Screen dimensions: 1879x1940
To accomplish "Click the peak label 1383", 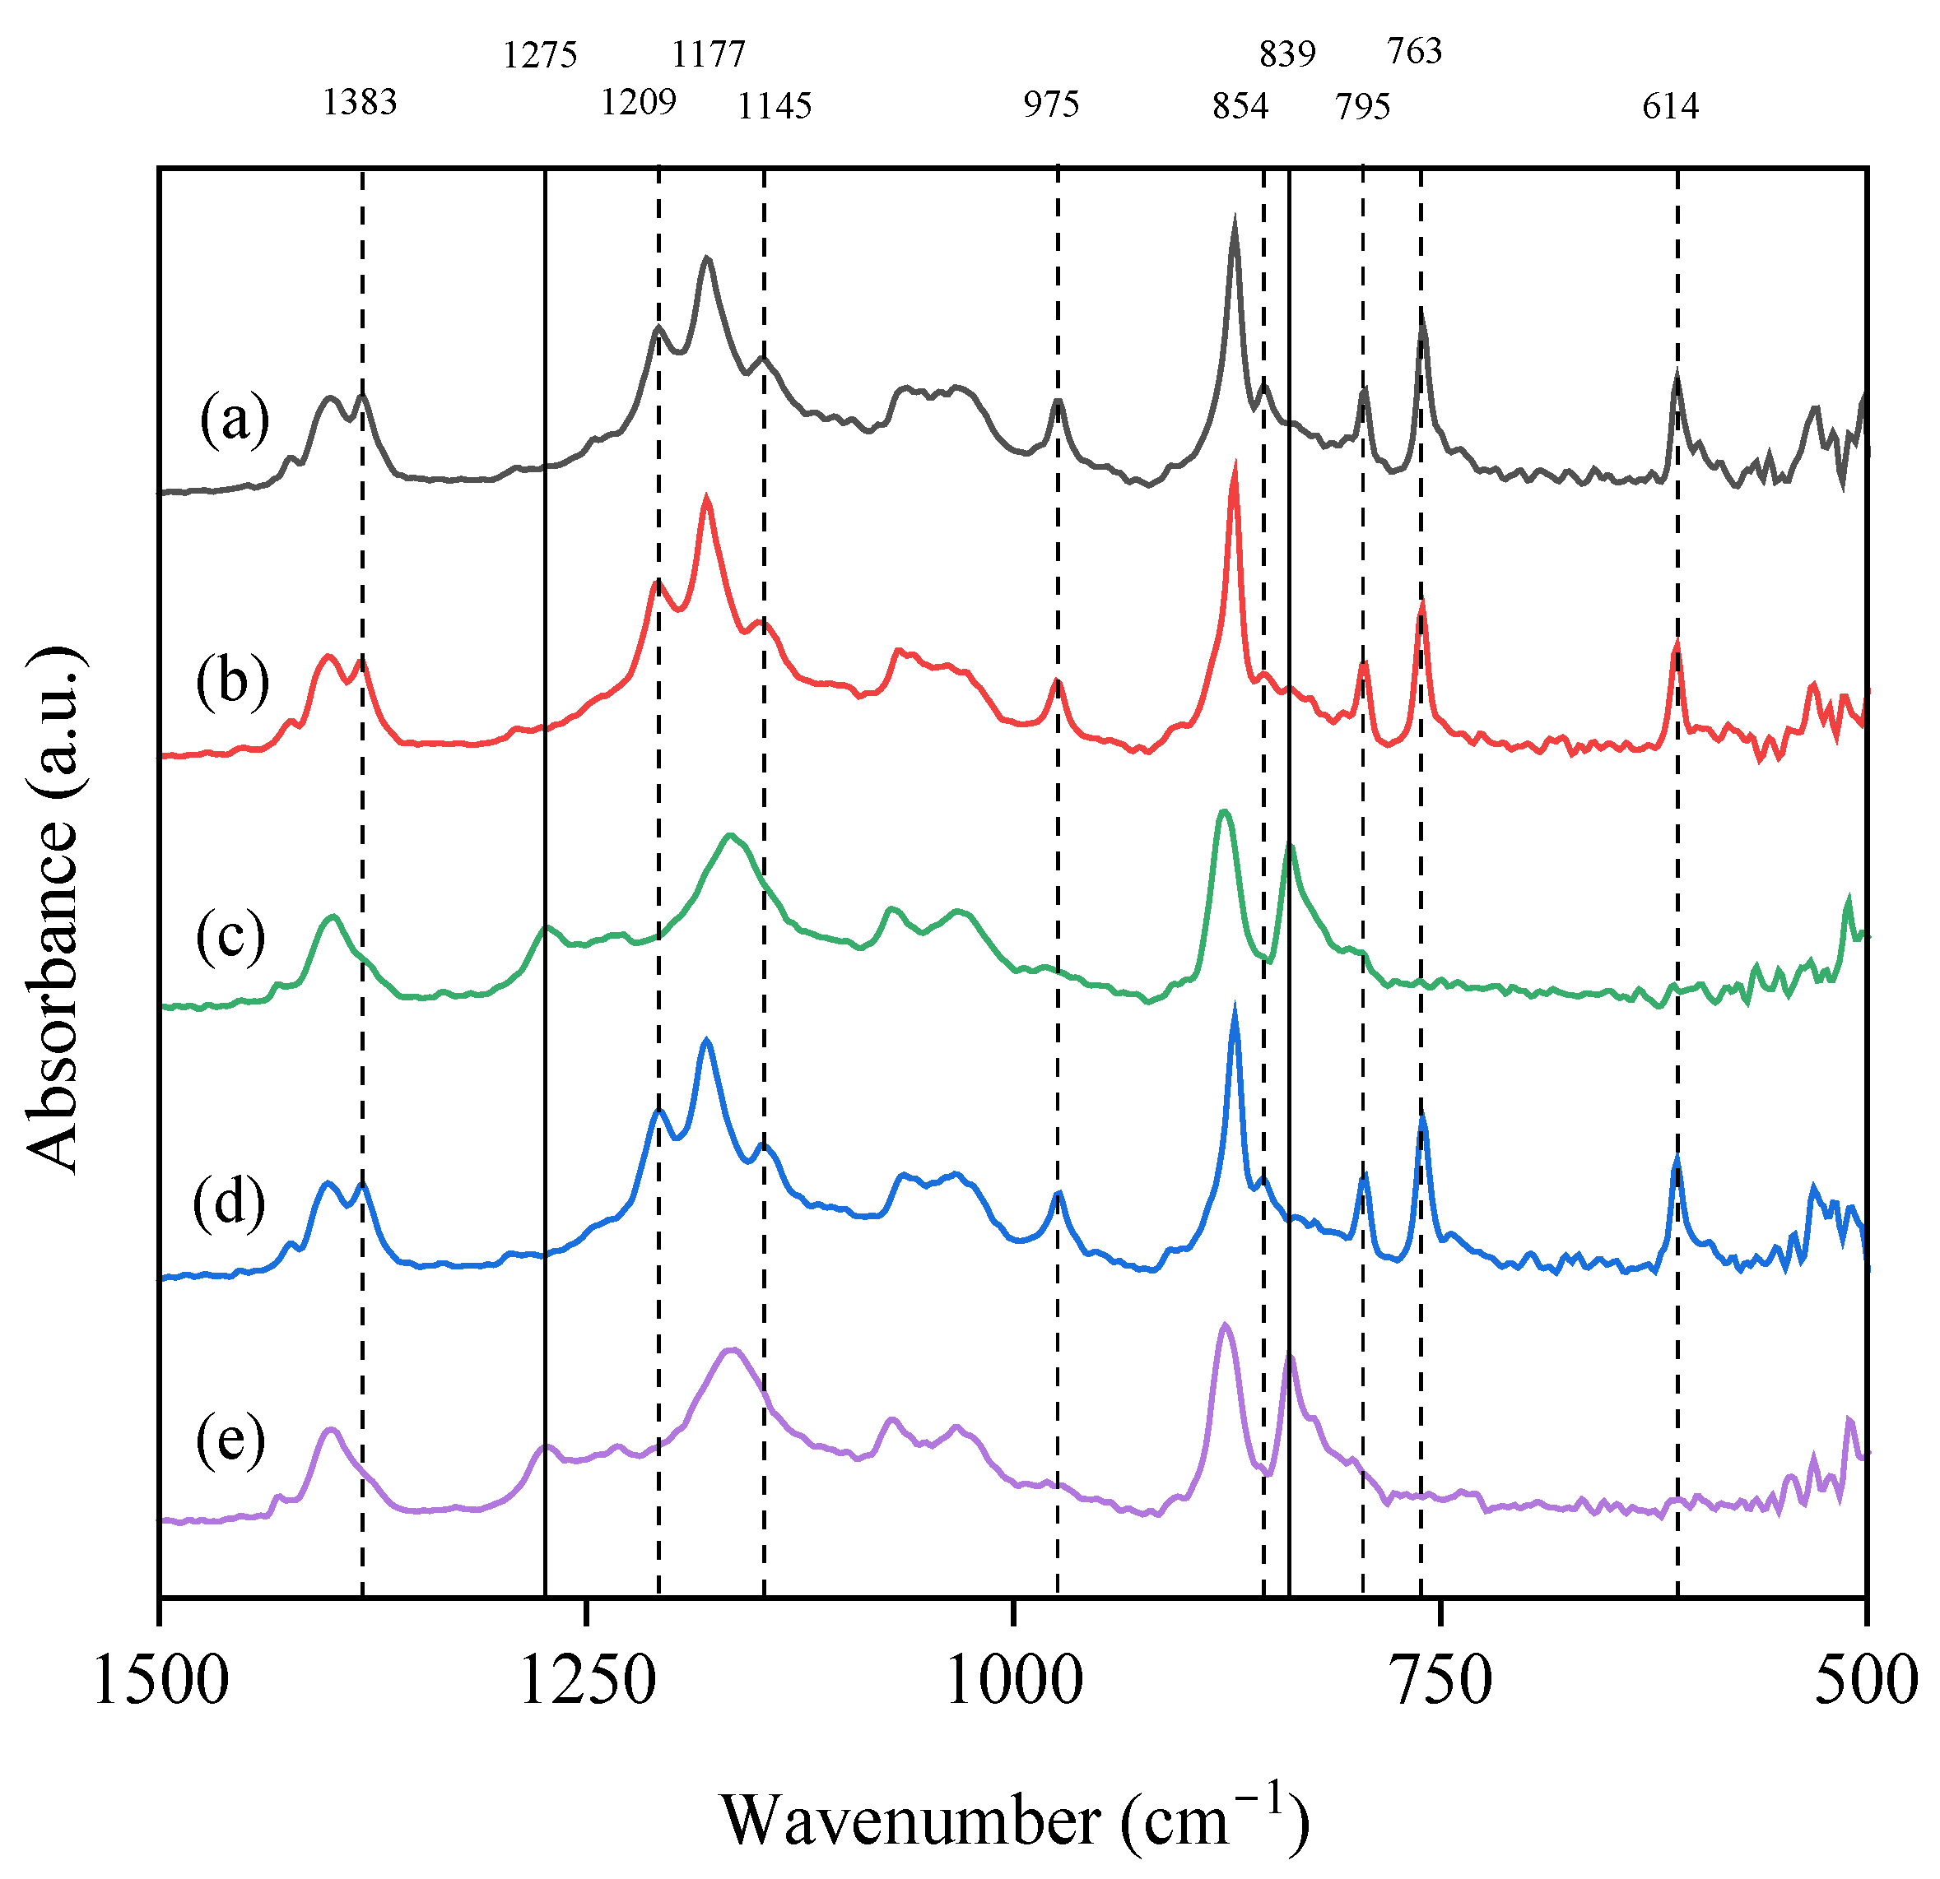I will tap(360, 102).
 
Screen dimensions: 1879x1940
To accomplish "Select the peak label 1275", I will tap(539, 55).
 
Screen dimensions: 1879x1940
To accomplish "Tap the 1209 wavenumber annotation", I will tap(639, 102).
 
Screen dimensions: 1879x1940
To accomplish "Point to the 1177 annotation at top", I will tap(709, 54).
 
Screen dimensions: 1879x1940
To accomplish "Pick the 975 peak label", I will tap(1051, 104).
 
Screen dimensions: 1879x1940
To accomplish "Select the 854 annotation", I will tap(1240, 106).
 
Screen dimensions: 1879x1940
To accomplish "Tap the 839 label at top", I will tap(1288, 54).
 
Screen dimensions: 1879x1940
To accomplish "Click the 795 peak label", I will tap(1363, 106).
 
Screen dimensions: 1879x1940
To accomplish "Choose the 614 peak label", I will tap(1671, 106).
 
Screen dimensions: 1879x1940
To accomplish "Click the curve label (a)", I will tap(234, 420).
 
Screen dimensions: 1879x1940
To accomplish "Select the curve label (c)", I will tap(230, 935).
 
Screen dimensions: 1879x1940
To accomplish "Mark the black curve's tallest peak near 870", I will tap(1235, 221).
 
